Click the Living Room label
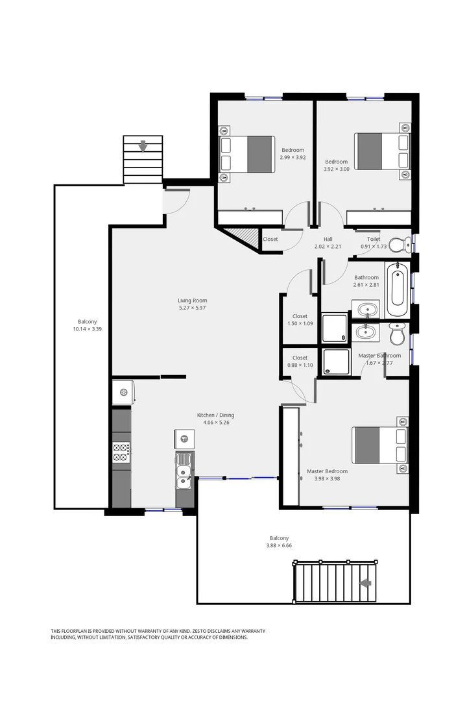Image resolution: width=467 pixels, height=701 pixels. point(193,301)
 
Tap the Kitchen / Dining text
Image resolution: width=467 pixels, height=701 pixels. point(216,415)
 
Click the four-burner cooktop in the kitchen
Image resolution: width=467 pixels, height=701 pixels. point(121,452)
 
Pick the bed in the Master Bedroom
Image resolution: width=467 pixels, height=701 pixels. point(380,445)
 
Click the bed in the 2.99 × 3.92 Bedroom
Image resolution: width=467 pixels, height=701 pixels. point(246,154)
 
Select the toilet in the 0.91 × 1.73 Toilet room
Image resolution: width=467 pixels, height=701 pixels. point(403,244)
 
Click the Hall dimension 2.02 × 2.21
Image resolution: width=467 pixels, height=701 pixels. point(328,247)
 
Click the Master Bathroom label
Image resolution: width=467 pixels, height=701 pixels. point(379,356)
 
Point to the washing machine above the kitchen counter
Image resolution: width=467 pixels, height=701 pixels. point(123,392)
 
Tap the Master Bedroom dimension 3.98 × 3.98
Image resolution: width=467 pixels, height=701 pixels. point(327,479)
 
